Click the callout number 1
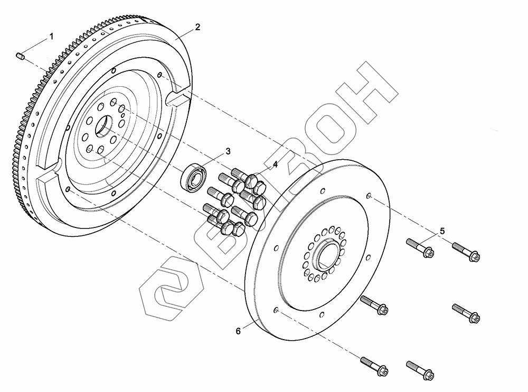click(x=52, y=37)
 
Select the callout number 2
click(x=197, y=27)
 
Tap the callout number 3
click(x=228, y=151)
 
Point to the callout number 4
click(x=275, y=165)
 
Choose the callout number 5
click(x=442, y=231)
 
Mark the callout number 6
click(x=238, y=331)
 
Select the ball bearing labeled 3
click(x=194, y=177)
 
